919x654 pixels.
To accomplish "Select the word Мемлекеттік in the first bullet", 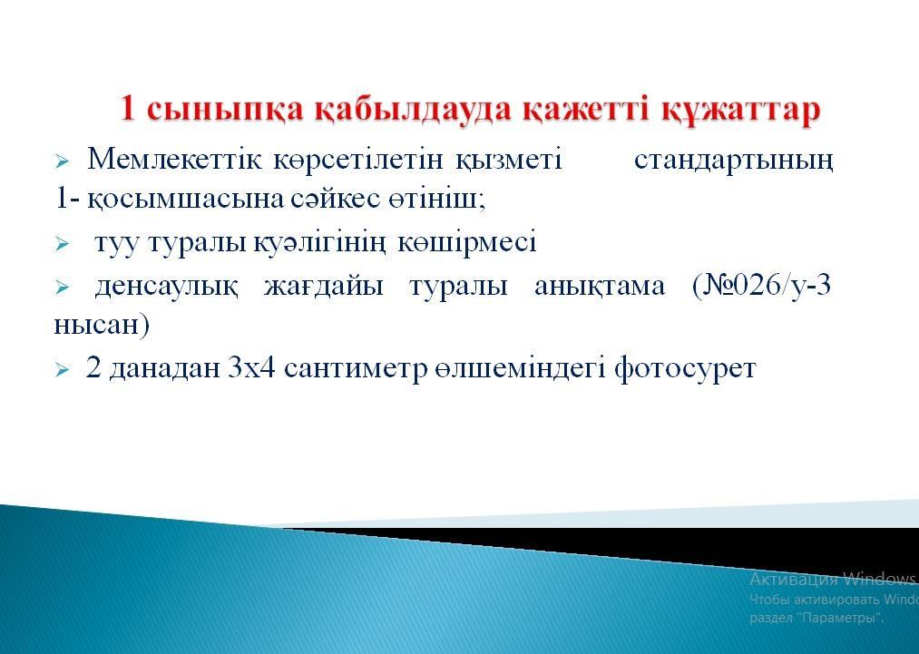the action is pos(175,159).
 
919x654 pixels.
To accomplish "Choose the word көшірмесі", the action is pos(467,242).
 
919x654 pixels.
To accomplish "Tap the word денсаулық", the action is pos(166,287).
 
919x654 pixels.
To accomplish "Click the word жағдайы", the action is pos(324,287).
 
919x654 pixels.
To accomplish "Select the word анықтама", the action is pos(600,287).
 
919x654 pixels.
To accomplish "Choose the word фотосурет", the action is pos(685,369).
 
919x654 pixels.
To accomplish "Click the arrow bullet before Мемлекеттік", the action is pos(62,161).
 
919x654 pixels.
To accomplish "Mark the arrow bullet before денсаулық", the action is pos(62,288).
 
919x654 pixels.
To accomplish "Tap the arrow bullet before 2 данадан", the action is pos(62,370).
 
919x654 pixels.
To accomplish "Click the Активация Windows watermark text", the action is pos(832,579).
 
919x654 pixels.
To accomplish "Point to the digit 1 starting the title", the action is pos(127,109).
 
